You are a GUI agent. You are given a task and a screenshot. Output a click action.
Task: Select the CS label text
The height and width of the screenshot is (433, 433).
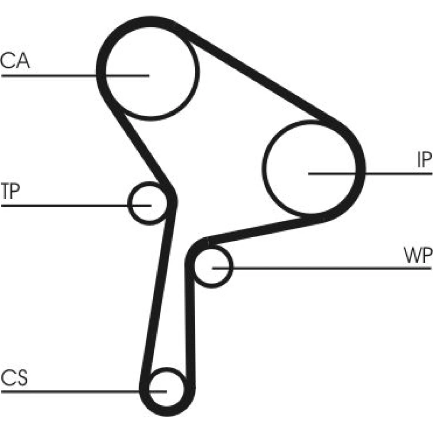(14, 378)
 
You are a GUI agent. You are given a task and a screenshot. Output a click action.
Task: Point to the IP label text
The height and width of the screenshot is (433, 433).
(424, 161)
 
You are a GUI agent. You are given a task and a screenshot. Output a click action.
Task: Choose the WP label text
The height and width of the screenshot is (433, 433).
(418, 256)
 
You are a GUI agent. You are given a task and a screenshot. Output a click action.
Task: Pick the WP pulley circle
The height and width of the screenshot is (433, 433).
(213, 265)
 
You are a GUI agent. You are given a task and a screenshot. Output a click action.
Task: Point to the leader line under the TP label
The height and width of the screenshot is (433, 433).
(65, 204)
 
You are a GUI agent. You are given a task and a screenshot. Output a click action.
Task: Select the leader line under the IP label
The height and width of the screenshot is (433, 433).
(398, 174)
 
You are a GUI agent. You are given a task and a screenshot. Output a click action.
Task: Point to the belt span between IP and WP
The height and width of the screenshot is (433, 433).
(264, 229)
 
